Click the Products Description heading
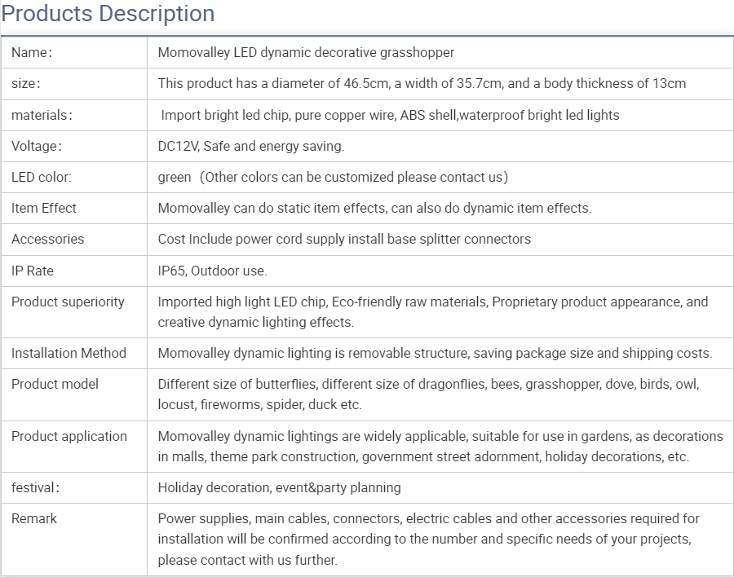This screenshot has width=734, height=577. pos(108,14)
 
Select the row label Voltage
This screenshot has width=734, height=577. pos(36,146)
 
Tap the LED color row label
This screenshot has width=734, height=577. pos(41,177)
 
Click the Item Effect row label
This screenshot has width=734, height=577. pos(44,208)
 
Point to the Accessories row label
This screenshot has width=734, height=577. pos(47,239)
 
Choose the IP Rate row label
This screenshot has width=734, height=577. pos(33,271)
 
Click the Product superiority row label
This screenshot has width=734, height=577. pos(68,302)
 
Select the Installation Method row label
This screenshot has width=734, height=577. pos(69,353)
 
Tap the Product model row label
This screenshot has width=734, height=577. pos(55,384)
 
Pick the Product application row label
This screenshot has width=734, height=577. pos(69,436)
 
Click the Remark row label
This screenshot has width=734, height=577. pos(34,518)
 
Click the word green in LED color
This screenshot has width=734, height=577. pos(175,177)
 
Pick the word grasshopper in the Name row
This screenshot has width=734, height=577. pos(416,53)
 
